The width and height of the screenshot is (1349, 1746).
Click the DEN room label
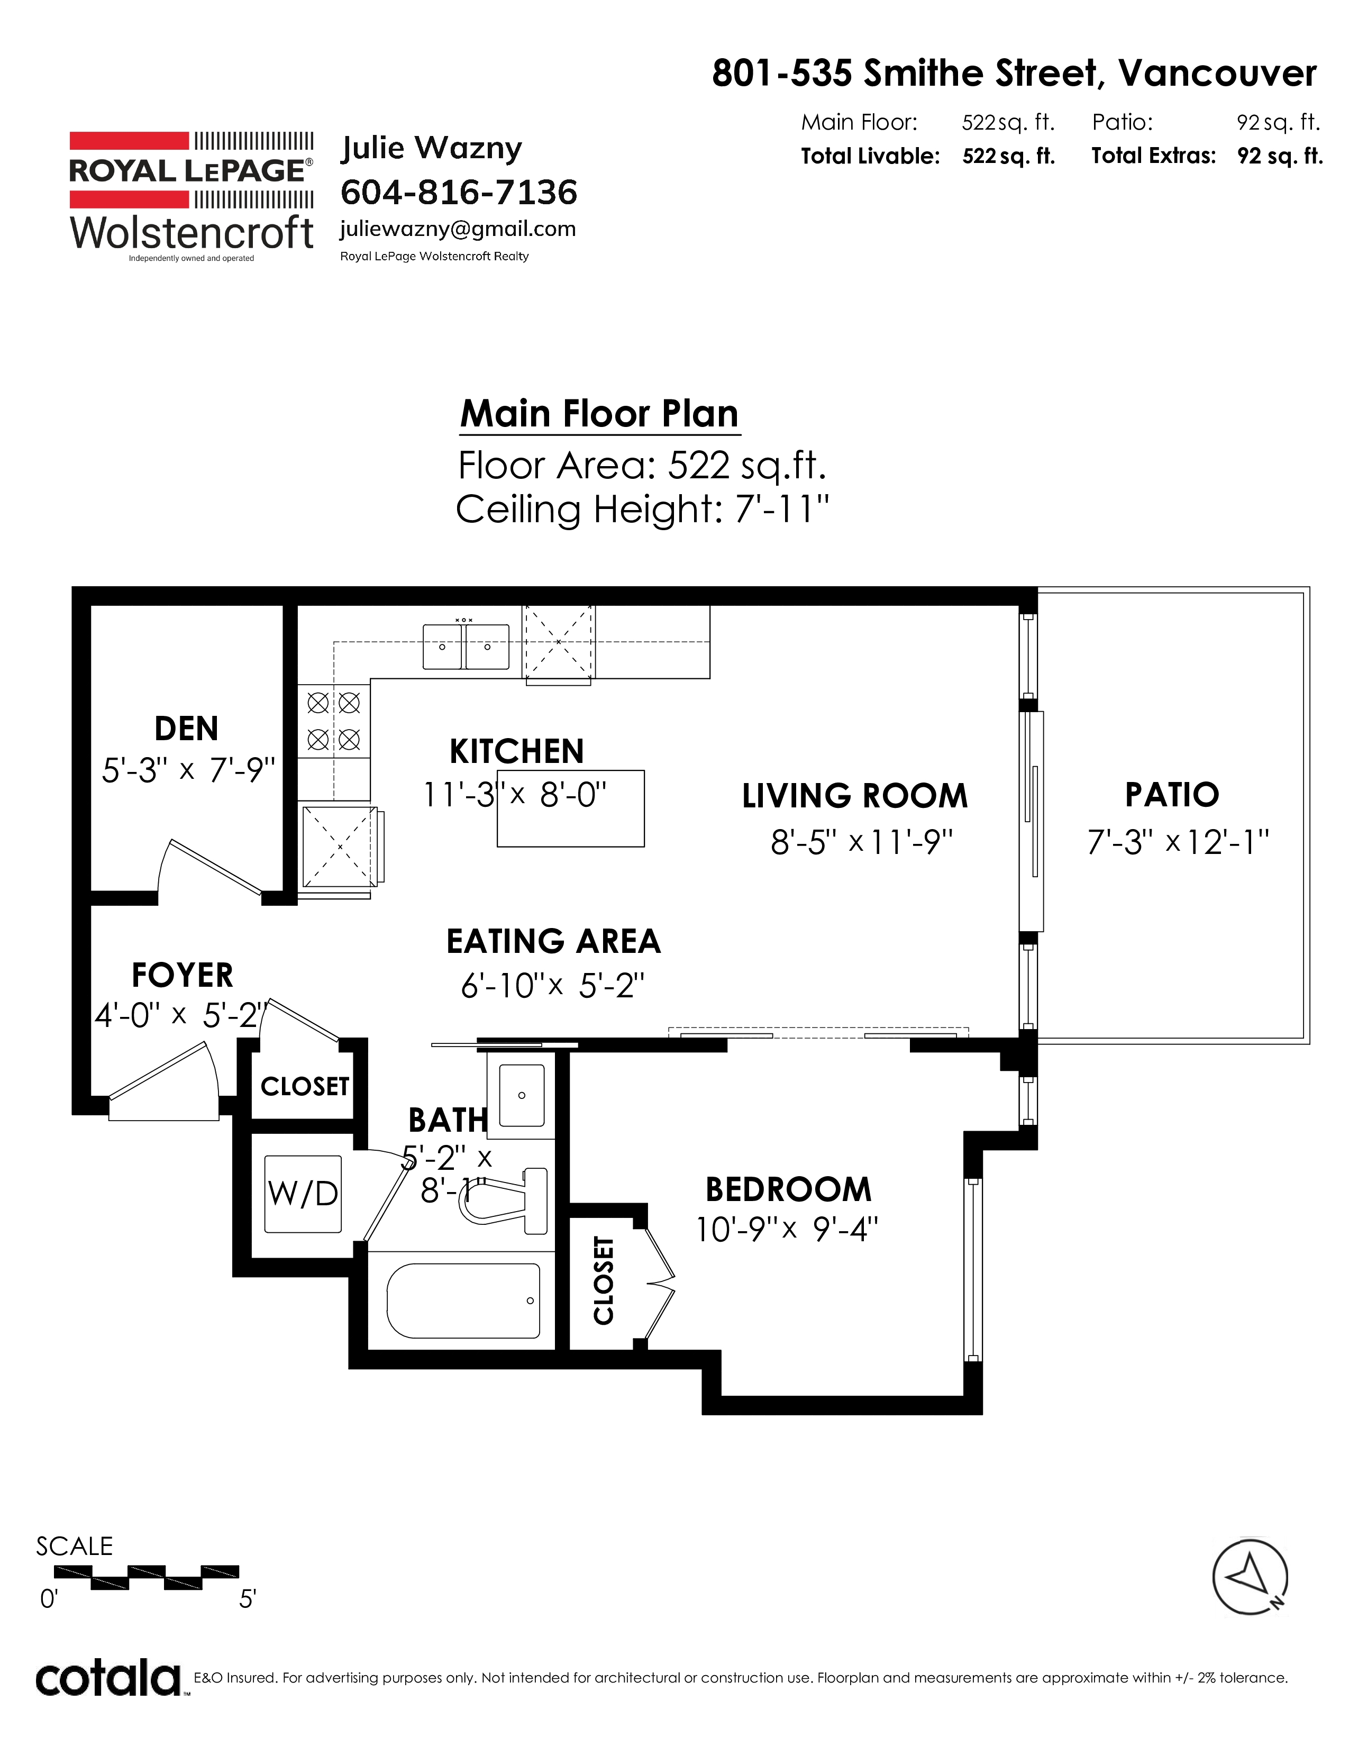pyautogui.click(x=186, y=729)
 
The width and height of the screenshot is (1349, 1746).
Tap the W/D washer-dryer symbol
pyautogui.click(x=303, y=1194)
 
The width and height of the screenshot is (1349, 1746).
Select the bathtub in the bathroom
pyautogui.click(x=463, y=1301)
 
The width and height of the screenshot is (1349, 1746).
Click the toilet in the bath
pyautogui.click(x=504, y=1201)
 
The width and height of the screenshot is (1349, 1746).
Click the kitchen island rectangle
pyautogui.click(x=571, y=808)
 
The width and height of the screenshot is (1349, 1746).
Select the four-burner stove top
pyautogui.click(x=334, y=721)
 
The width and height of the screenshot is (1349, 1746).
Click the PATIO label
pyautogui.click(x=1172, y=795)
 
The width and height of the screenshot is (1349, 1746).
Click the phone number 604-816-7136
pyautogui.click(x=459, y=193)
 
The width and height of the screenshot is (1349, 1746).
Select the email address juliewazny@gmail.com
pyautogui.click(x=458, y=230)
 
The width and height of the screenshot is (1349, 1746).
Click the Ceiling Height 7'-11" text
pyautogui.click(x=643, y=509)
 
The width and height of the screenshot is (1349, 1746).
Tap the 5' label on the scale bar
pyautogui.click(x=247, y=1599)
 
